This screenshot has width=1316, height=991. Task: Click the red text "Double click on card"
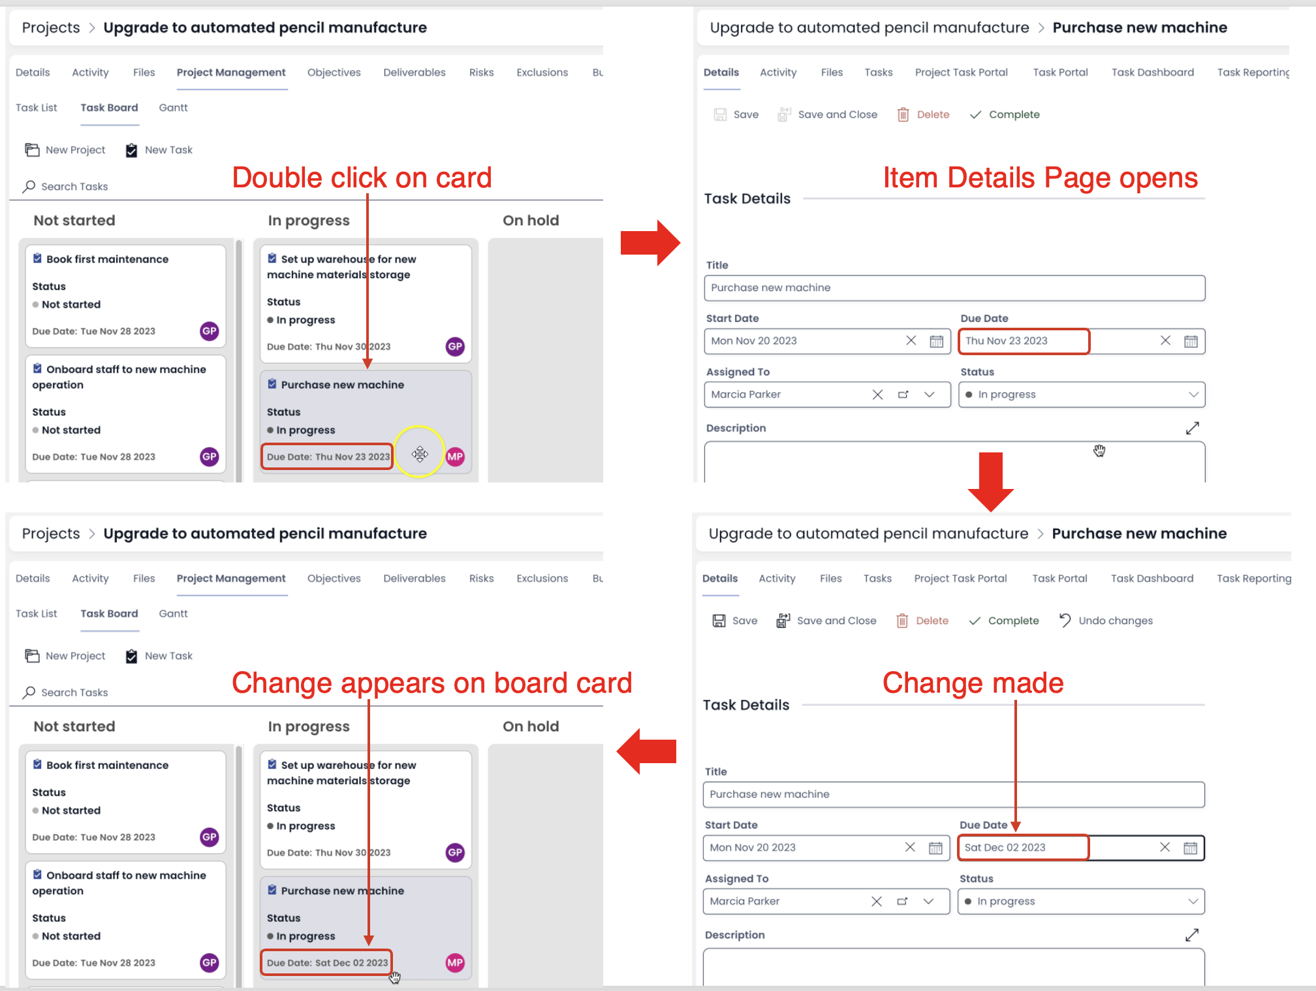[x=362, y=178]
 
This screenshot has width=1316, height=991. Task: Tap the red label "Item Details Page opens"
[x=1041, y=178]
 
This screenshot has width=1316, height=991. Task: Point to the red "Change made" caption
[x=973, y=683]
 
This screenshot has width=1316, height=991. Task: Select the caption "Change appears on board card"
[x=432, y=683]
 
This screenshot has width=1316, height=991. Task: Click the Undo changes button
[x=1106, y=620]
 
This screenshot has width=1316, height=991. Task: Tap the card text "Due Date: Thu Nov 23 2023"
[x=328, y=457]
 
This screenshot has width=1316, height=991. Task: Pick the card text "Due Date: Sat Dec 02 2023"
[x=327, y=963]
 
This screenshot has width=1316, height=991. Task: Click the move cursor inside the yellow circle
[x=420, y=454]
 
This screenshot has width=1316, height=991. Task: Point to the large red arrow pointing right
[x=650, y=243]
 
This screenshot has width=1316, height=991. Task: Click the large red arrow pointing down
[x=990, y=482]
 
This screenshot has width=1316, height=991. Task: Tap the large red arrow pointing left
[x=646, y=751]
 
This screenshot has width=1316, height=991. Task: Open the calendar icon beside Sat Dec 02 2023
[x=1190, y=847]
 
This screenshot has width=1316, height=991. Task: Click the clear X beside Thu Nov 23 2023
[x=1165, y=341]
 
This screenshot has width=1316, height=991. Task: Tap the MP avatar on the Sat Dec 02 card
[x=455, y=962]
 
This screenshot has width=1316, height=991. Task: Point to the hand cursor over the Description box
[x=1099, y=450]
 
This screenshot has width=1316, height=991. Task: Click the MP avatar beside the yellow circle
[x=455, y=456]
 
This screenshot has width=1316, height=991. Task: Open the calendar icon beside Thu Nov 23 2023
[x=1191, y=341]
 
